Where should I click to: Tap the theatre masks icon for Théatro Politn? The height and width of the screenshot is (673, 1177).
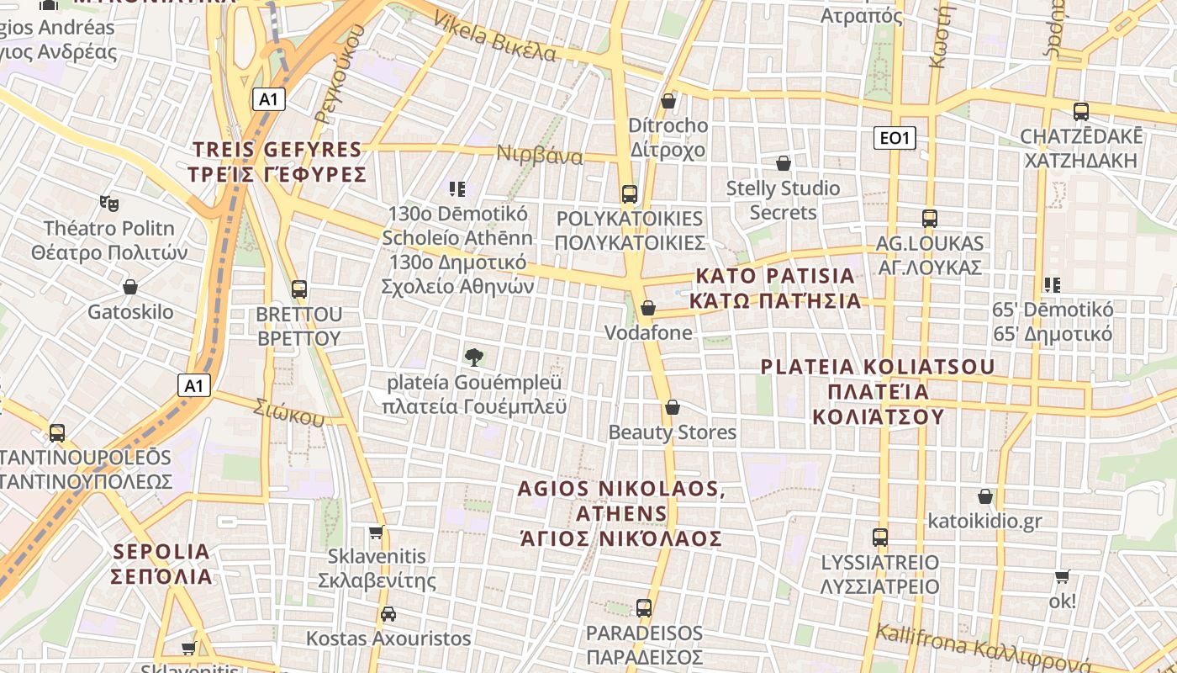click(108, 203)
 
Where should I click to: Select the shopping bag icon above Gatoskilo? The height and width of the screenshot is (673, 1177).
click(130, 287)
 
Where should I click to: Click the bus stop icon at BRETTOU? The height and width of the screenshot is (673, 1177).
click(299, 289)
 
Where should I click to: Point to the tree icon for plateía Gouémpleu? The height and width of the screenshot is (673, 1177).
click(474, 357)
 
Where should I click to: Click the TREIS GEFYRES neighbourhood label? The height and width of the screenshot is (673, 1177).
click(279, 162)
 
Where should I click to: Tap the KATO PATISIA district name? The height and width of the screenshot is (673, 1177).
click(775, 289)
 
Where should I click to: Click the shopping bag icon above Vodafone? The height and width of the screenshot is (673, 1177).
click(647, 308)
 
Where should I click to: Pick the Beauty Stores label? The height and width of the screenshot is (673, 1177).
click(672, 432)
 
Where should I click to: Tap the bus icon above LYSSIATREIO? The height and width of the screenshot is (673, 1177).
click(880, 537)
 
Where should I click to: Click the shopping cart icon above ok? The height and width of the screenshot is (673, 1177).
click(1063, 577)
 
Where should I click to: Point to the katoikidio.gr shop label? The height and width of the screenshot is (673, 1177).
click(984, 521)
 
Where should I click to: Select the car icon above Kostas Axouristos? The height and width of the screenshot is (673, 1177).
click(388, 613)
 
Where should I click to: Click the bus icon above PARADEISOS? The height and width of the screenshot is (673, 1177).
click(644, 607)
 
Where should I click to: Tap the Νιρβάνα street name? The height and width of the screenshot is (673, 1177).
click(540, 156)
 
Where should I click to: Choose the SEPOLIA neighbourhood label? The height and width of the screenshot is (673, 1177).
click(161, 564)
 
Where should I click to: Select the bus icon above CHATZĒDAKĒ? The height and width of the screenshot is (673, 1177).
click(1081, 111)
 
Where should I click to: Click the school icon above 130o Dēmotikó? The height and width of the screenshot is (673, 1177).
click(457, 189)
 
